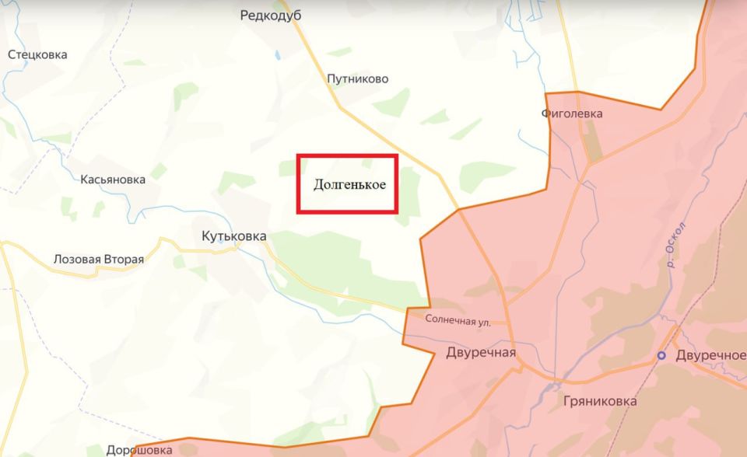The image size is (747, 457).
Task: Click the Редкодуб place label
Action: point(271,16)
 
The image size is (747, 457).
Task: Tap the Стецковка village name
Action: point(37,55)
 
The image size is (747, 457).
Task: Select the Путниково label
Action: point(357,78)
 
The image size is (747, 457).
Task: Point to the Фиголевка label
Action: point(572,114)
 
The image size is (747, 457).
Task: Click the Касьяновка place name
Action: point(113,180)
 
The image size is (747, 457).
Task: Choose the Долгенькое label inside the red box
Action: point(349,185)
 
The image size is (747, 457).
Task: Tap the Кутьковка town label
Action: point(233,235)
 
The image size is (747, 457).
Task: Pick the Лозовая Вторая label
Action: point(98,260)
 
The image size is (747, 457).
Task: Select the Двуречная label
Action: point(481,353)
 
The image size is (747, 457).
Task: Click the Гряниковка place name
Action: point(598,402)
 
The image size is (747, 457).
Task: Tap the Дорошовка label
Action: point(139,450)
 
